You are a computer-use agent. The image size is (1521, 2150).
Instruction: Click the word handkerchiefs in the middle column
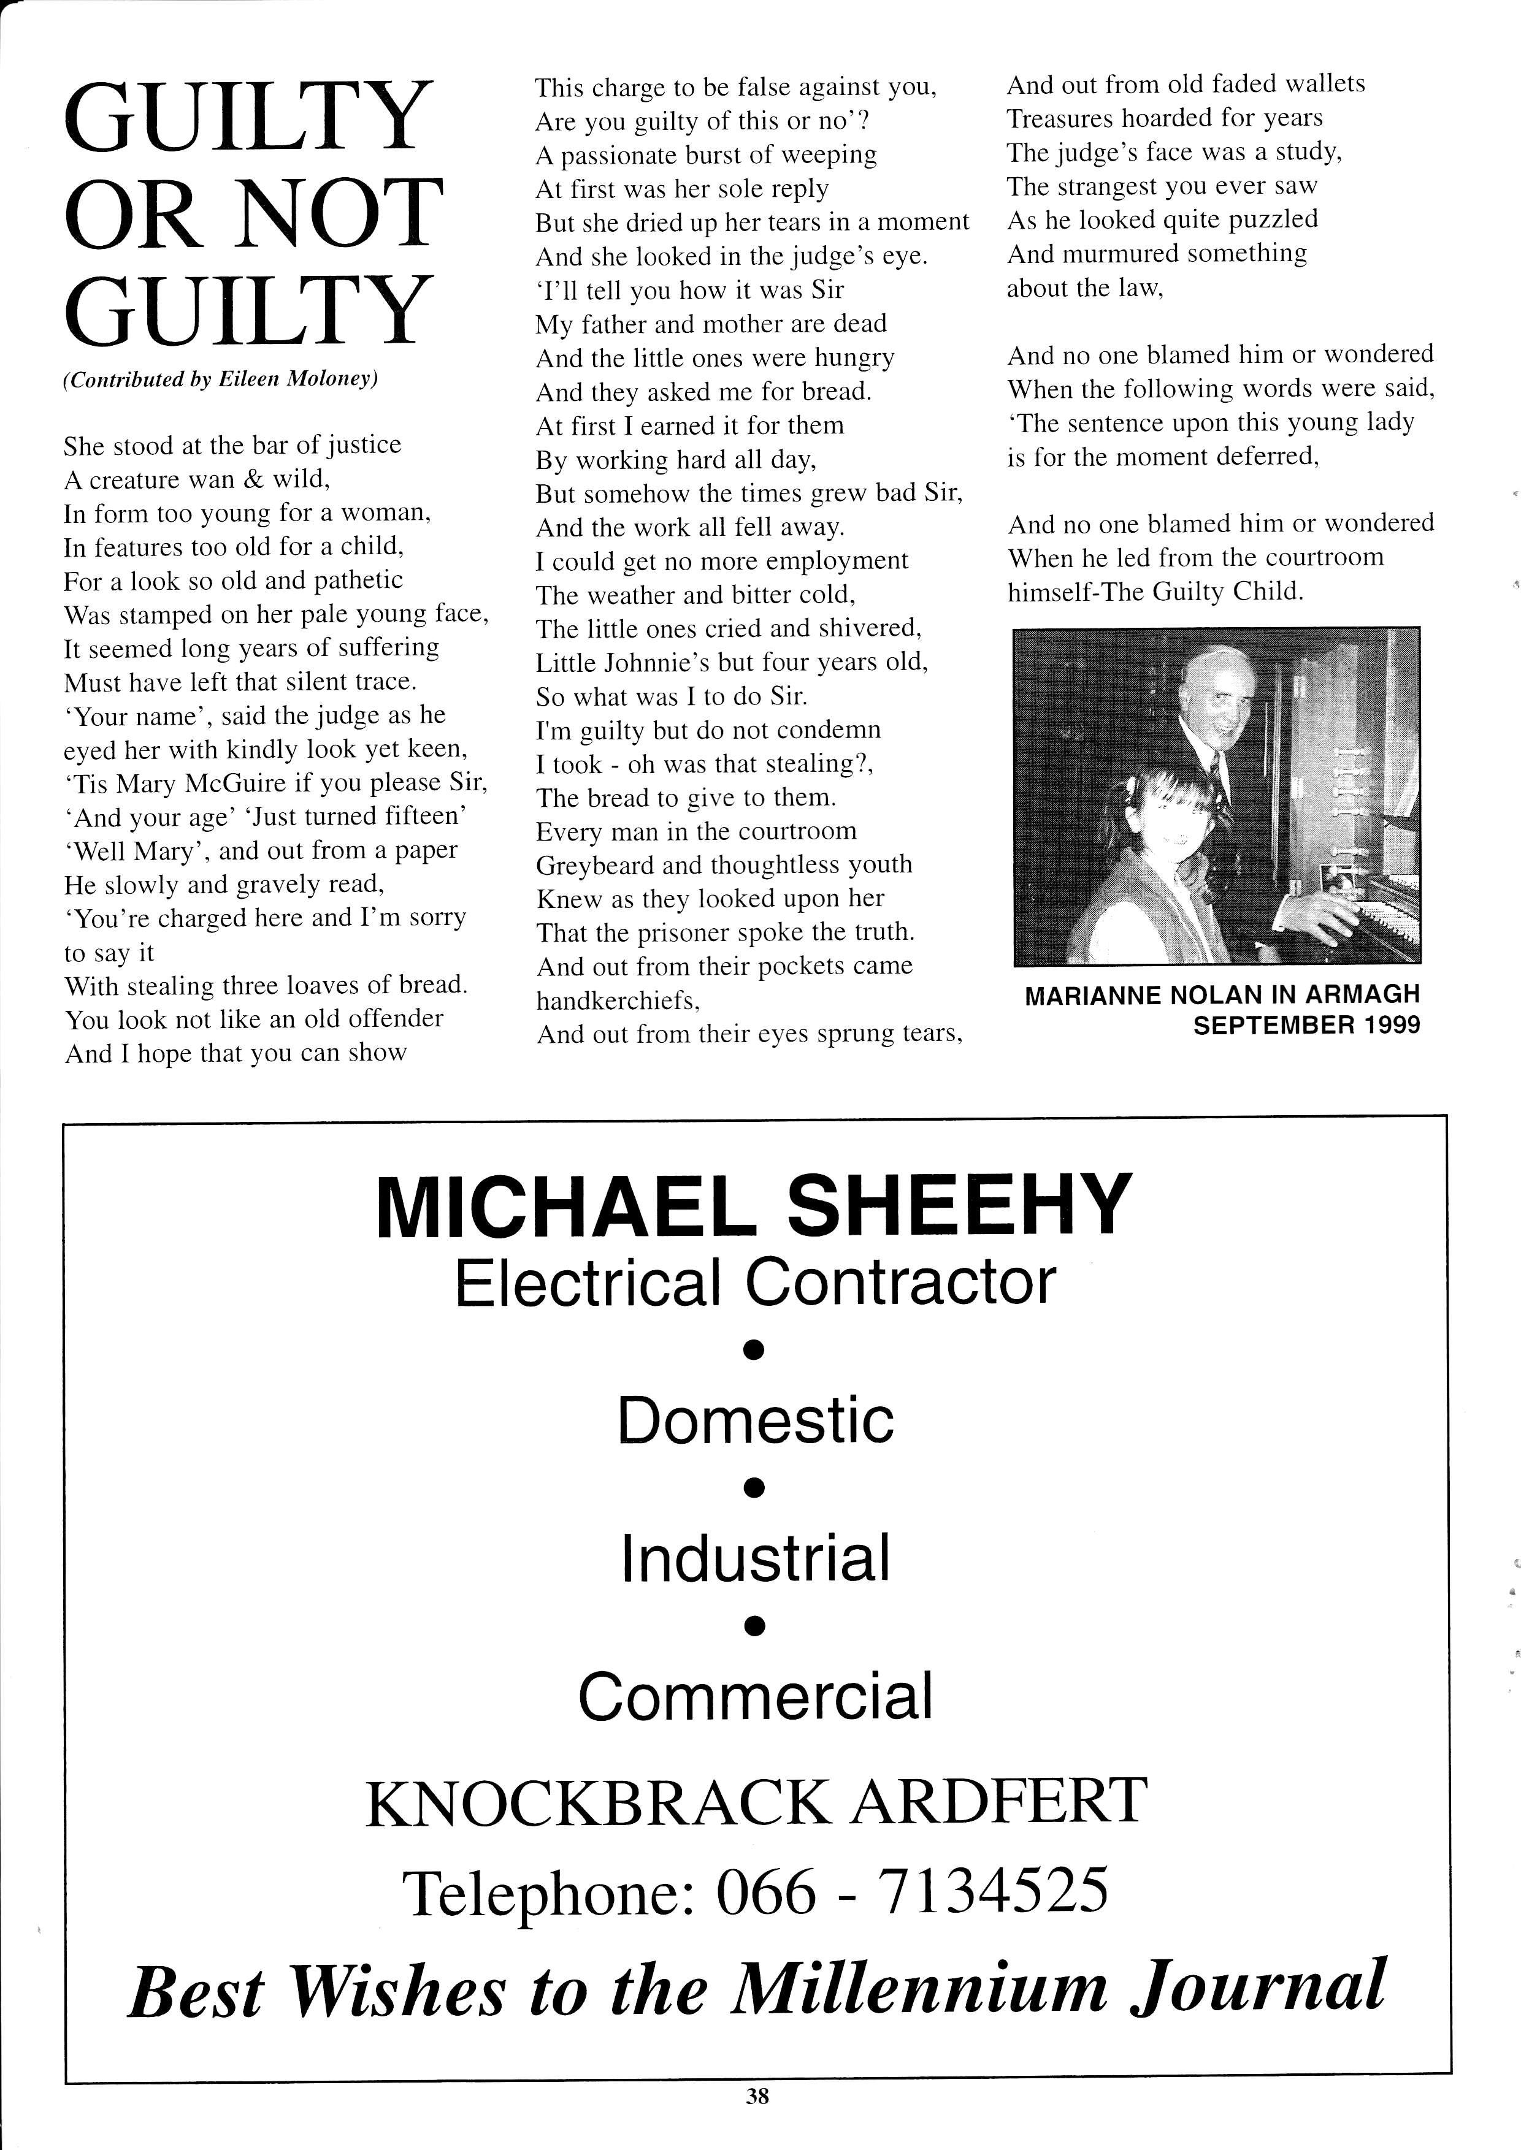617,1001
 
